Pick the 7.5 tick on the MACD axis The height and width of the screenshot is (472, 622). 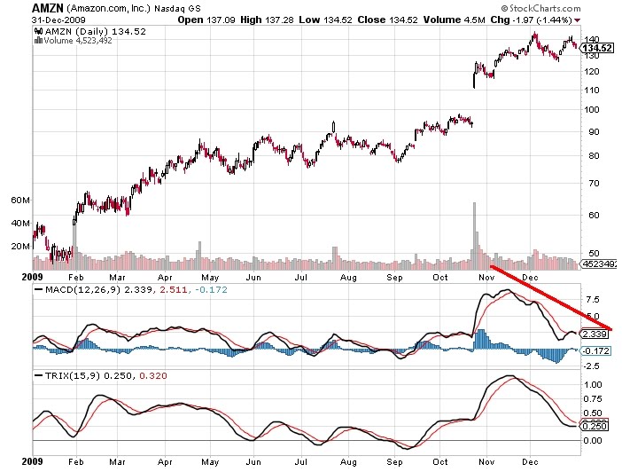point(590,298)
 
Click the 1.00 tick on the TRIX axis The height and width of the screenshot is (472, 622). point(592,385)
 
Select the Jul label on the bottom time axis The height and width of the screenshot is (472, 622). point(302,463)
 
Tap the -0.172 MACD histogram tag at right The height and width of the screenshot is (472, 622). point(595,350)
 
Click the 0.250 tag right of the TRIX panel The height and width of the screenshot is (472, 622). point(594,426)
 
